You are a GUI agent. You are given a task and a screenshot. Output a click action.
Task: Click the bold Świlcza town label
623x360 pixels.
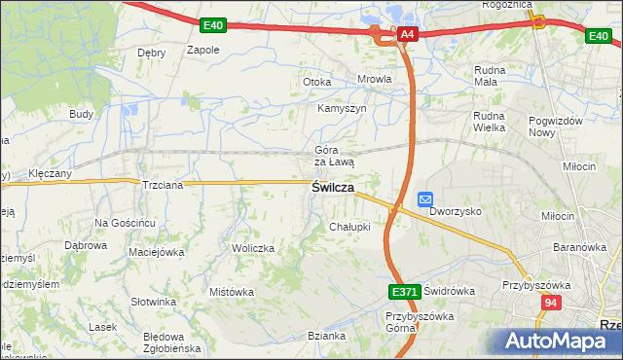pos(332,188)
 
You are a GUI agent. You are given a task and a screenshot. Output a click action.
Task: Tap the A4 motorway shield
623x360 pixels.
pos(408,35)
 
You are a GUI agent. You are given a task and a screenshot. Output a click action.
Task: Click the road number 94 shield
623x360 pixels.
pos(552,303)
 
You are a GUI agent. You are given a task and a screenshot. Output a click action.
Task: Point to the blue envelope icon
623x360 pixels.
pos(425,199)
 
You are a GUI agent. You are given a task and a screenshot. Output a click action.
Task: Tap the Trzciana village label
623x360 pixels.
pos(163,184)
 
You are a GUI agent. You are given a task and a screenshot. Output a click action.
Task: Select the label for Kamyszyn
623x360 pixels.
pos(342,109)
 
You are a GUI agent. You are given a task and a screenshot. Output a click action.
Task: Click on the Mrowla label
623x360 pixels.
pos(375,80)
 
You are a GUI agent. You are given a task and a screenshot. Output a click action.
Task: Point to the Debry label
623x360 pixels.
pos(152,53)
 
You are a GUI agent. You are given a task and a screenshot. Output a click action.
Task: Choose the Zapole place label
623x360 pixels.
pos(202,50)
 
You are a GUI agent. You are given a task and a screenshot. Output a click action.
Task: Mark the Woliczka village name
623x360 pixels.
pos(253,248)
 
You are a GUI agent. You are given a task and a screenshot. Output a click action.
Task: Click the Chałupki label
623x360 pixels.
pos(349,227)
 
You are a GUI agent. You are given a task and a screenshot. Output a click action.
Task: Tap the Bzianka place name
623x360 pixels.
pos(327,336)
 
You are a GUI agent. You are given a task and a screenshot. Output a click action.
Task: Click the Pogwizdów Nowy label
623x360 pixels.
pos(556,126)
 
